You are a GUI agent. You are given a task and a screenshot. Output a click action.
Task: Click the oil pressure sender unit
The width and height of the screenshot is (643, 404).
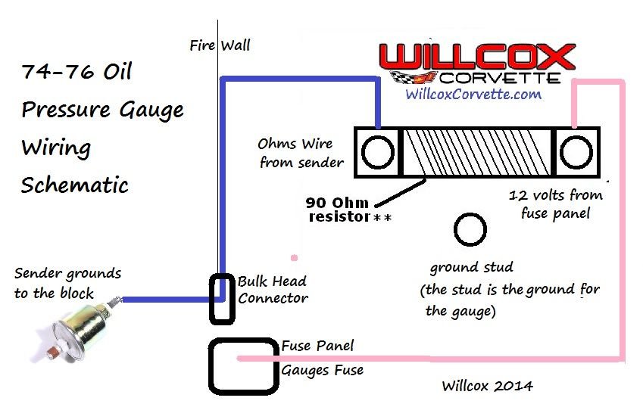[79, 321]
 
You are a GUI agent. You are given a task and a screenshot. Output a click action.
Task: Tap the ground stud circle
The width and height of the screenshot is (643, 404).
[470, 230]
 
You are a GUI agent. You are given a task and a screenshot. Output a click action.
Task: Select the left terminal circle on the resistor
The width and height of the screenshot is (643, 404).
[376, 153]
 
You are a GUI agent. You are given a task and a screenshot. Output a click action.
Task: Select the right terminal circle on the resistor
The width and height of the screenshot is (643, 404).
[576, 153]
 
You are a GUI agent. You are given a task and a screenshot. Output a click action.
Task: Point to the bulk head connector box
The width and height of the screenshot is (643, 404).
[223, 297]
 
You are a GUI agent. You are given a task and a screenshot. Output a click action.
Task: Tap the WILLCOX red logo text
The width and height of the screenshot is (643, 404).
[476, 58]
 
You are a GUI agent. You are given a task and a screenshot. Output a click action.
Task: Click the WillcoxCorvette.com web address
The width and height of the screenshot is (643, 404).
[473, 95]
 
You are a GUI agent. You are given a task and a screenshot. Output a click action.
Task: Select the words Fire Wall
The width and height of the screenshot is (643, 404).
[220, 45]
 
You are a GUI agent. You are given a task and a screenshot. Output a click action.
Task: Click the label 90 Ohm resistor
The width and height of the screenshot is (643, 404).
[342, 210]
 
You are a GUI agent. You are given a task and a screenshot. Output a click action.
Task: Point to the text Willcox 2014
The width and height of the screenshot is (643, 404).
[487, 386]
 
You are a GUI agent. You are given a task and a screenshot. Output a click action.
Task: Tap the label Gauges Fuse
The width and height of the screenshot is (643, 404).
[323, 370]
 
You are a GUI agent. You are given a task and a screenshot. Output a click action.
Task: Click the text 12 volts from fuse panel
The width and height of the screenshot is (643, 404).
[556, 204]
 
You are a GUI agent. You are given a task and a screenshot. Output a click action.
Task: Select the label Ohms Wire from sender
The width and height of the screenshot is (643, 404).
[301, 152]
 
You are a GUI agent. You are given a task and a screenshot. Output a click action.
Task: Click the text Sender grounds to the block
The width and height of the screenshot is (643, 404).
[67, 283]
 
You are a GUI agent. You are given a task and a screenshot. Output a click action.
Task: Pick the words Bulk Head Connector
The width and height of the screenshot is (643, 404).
[273, 289]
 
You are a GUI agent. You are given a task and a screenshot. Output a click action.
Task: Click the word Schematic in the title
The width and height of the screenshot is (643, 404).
[75, 185]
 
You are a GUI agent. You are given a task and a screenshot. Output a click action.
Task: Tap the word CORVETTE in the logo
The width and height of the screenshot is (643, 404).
[499, 77]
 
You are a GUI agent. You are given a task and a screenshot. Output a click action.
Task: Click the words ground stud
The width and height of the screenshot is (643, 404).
[471, 267]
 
